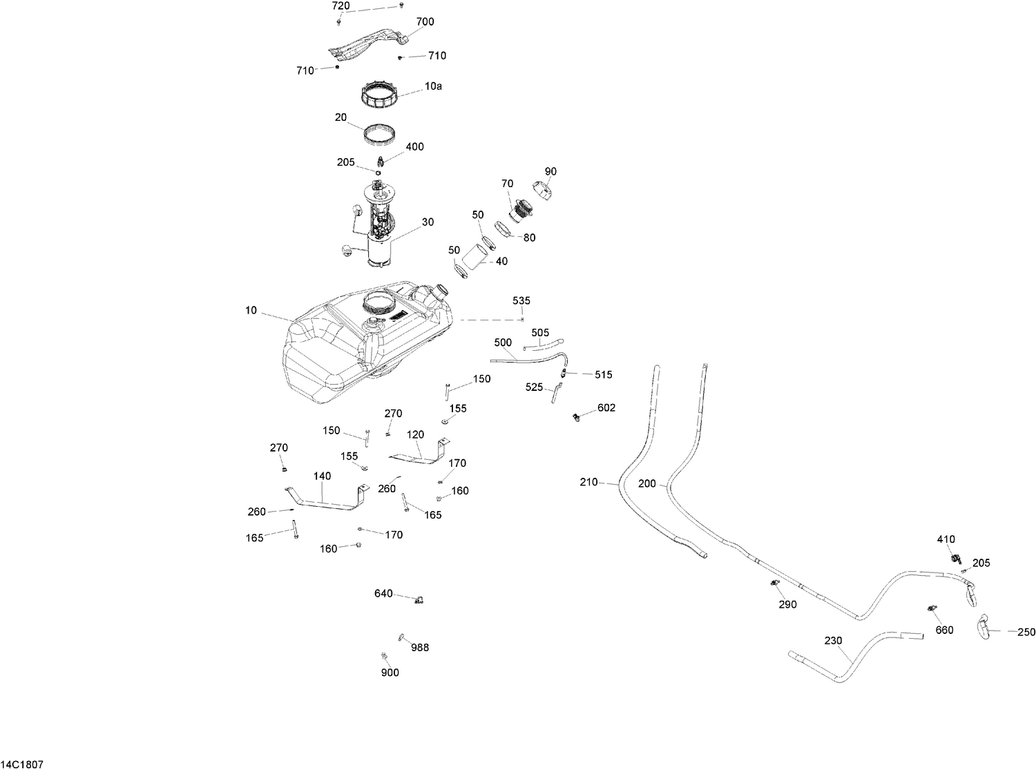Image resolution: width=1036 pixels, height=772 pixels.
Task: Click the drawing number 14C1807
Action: (x=21, y=764)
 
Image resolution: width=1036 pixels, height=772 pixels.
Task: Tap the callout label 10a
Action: (x=433, y=86)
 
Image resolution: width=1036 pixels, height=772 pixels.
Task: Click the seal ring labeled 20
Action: (x=379, y=133)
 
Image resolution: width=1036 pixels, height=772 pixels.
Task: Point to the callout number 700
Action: (x=425, y=21)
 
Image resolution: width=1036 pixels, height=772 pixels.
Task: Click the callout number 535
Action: (x=521, y=300)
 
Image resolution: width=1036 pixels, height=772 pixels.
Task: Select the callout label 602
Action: (x=606, y=407)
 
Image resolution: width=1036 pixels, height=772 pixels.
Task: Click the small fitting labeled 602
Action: (x=576, y=416)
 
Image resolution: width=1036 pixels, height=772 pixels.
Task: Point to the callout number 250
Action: (x=1026, y=633)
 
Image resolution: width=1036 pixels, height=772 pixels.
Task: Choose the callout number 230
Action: (x=833, y=641)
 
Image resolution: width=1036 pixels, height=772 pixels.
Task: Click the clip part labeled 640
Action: (x=419, y=600)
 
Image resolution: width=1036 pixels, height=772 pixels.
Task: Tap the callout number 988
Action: (x=420, y=648)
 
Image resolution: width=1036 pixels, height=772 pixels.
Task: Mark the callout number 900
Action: (x=390, y=673)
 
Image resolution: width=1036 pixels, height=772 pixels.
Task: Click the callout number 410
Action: (x=946, y=539)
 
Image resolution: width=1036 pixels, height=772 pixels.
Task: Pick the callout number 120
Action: (x=415, y=434)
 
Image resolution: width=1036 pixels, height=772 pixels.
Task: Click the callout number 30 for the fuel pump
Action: (x=428, y=222)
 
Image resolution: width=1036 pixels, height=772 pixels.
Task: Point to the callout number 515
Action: (x=603, y=375)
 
